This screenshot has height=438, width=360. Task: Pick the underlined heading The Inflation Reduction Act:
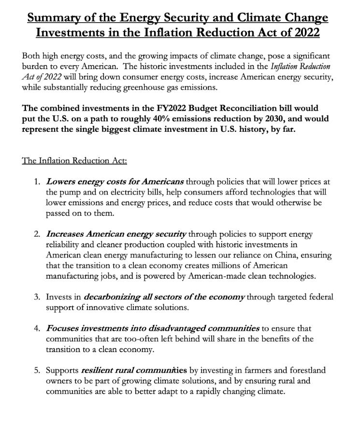pos(74,160)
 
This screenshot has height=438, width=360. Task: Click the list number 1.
pos(37,182)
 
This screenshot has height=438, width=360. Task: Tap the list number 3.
pos(37,297)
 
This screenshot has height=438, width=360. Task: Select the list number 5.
pos(37,370)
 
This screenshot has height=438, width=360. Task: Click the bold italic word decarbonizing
pos(112,297)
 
